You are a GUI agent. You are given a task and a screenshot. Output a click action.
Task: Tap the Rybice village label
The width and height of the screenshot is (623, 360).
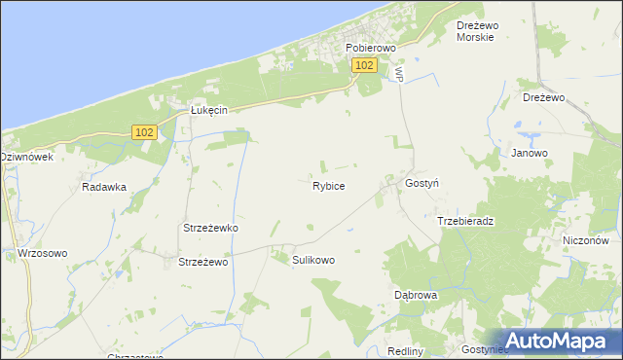pos(328,185)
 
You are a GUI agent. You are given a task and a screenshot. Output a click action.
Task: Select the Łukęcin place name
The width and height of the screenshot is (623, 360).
pos(207,111)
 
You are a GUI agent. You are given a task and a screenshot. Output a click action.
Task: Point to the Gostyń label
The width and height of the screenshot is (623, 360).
pos(422,183)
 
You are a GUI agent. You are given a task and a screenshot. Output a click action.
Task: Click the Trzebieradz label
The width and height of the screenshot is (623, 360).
pos(465,221)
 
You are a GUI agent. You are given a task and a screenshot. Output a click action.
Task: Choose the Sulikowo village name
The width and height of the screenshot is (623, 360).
pos(313,260)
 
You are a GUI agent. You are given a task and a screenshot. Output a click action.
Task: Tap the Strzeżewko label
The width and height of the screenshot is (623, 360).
pos(211,228)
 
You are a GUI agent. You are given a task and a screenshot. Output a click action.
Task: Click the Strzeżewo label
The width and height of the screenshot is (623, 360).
pos(202,262)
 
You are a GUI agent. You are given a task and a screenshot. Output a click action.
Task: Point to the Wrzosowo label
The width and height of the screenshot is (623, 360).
pos(43,253)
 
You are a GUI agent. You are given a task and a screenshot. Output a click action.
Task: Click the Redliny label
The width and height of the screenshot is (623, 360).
pos(405,350)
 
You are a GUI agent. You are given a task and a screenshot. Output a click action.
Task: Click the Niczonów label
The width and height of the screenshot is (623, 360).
pos(585,240)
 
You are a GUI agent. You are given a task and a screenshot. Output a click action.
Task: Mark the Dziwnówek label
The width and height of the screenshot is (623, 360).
pos(26,156)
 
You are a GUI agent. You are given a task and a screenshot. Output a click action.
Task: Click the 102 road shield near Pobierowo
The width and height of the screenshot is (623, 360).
pos(364,65)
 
